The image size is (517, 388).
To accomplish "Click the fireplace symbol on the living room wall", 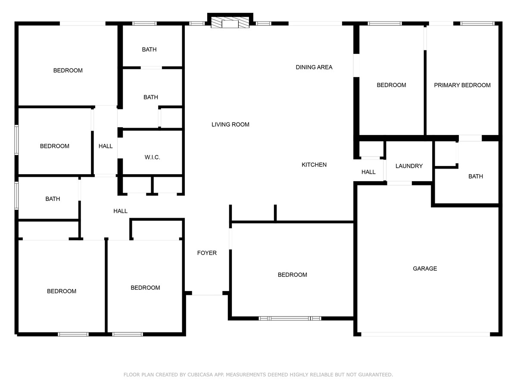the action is coord(230,22).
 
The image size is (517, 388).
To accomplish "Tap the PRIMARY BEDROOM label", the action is coord(462,85).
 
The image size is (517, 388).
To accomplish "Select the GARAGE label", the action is coord(425,268).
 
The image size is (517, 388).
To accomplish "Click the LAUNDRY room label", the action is coord(409,166).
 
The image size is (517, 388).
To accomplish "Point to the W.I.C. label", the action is coord(152,157).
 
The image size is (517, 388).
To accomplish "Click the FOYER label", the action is coord(207,253).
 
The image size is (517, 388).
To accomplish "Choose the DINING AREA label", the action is coord(314,67).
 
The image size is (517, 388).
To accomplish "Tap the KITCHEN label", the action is coord(314,165).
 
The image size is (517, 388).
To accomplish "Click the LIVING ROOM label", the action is coord(230,125).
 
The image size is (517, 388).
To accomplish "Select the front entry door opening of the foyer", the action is coord(207,293).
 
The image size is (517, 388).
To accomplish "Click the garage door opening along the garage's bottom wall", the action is coord(426,334).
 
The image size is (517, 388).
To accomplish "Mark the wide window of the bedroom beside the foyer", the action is coord(290,319).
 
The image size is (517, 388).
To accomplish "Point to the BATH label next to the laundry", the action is coord(476,176).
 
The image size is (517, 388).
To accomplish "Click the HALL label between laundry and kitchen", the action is coord(368,172).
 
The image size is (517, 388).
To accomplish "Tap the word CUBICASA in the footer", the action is coord(200,375).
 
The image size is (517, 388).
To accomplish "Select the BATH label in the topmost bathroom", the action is coord(149,50).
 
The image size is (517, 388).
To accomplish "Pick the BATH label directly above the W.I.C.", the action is coord(151,97).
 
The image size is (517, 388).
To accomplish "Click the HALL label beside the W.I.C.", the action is coord(106,146).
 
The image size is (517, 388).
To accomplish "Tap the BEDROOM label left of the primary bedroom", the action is coord(391,85).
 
